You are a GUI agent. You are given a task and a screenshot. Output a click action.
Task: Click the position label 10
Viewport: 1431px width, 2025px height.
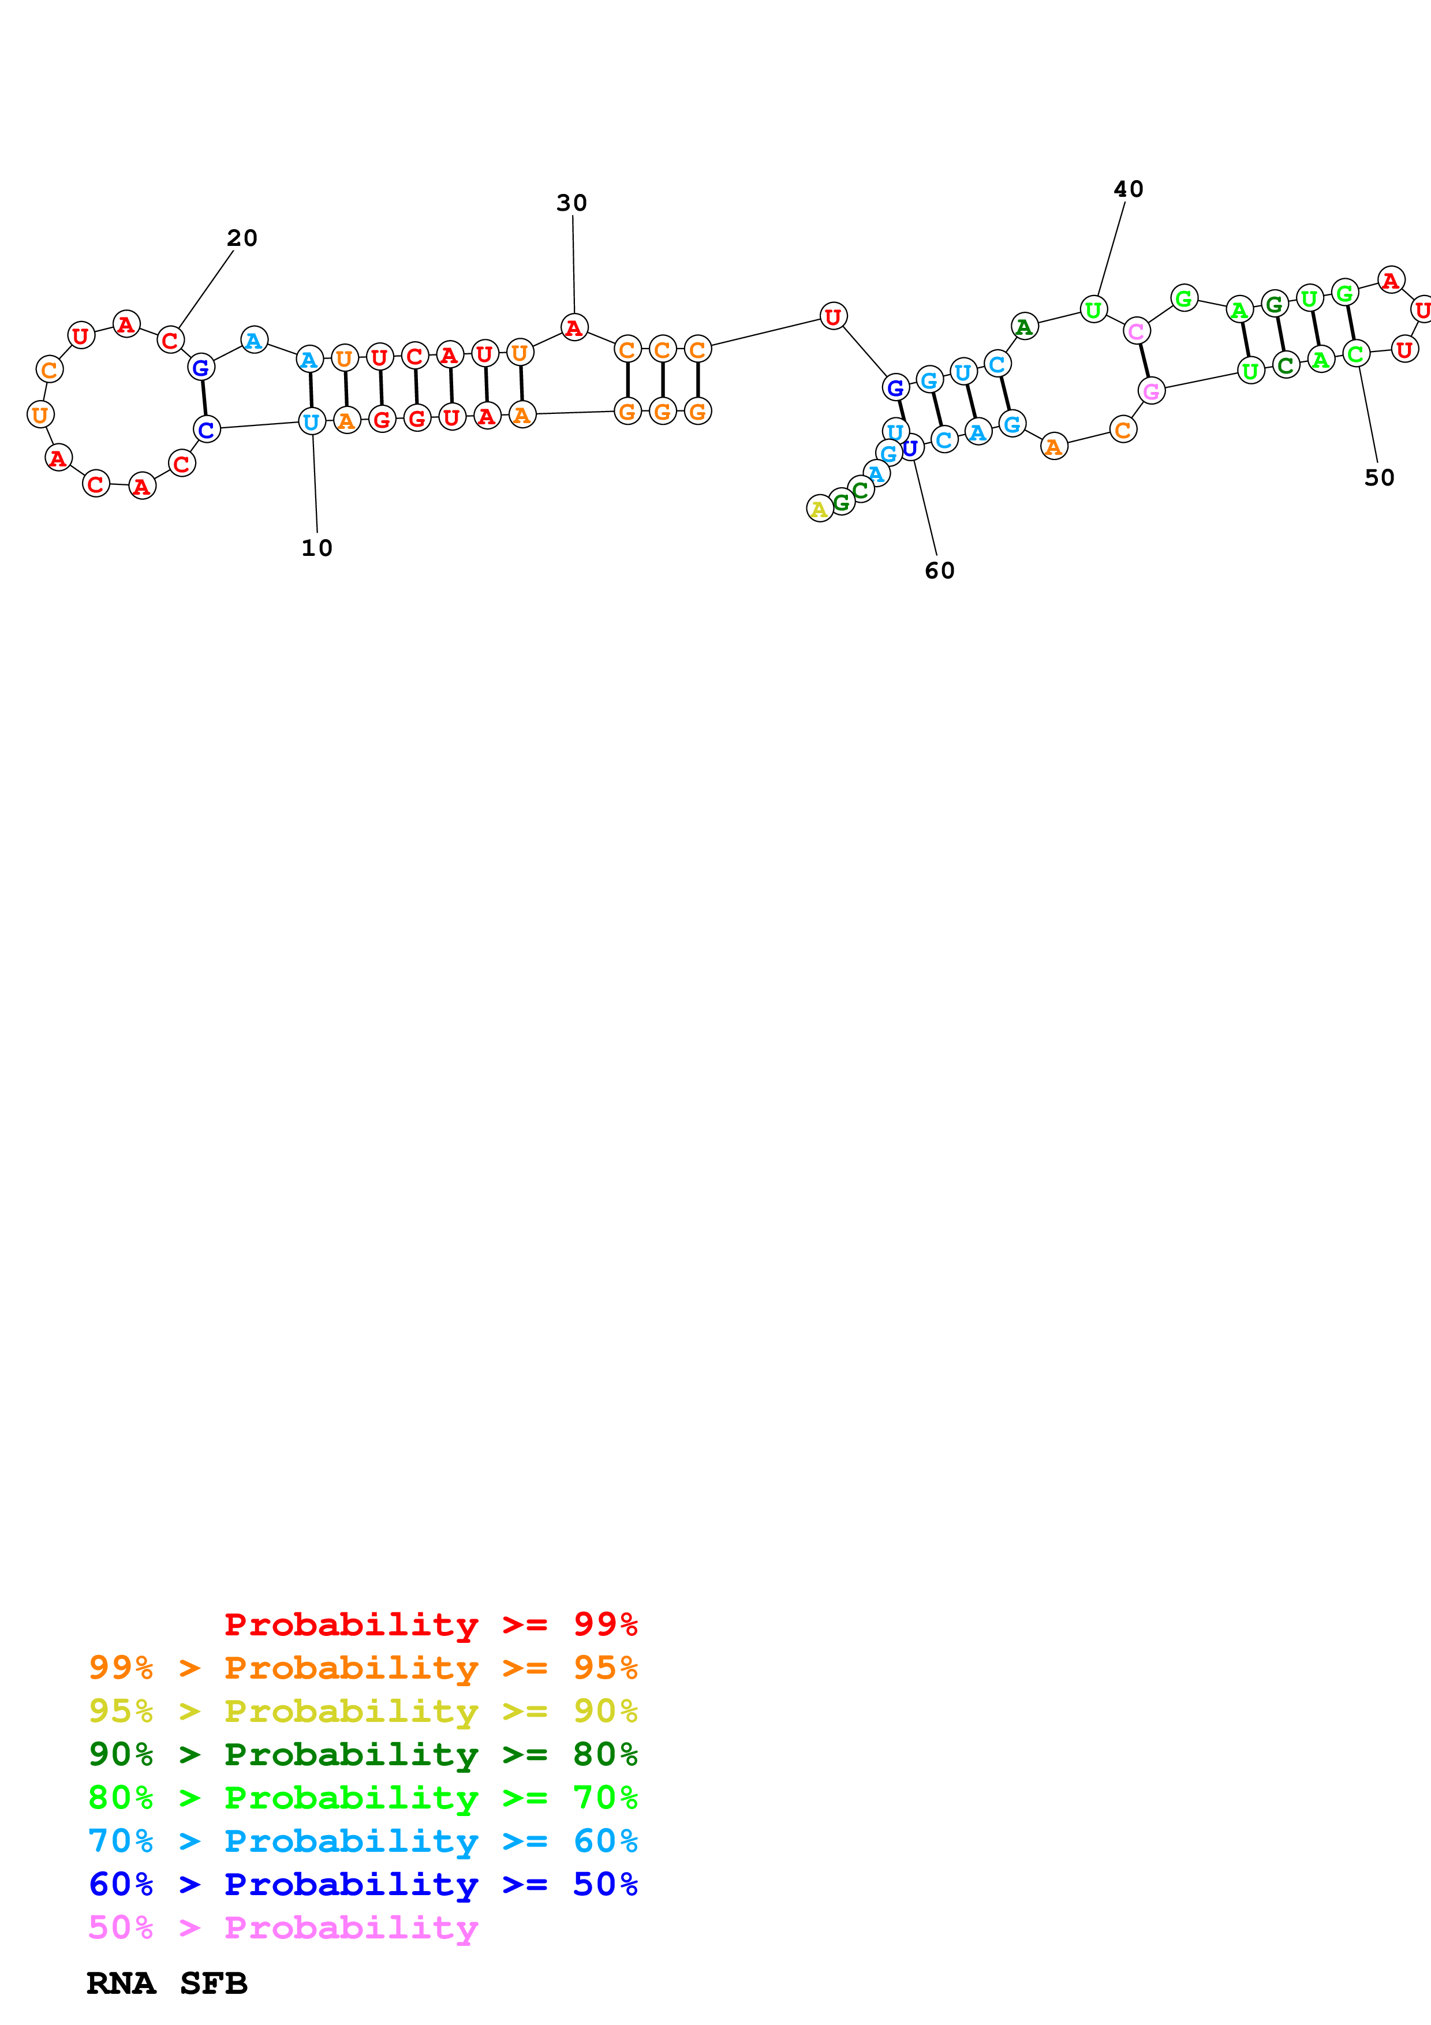[316, 548]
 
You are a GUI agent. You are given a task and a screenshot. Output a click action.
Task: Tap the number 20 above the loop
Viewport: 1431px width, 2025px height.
[242, 238]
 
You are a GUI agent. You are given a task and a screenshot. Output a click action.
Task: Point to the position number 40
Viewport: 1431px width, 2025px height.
[1128, 189]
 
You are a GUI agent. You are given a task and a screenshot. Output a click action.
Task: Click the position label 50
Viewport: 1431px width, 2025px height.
[1379, 477]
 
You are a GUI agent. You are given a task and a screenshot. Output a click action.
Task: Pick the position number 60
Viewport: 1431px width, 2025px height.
[939, 571]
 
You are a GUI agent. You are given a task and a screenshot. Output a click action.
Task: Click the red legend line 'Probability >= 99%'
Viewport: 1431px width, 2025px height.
[430, 1624]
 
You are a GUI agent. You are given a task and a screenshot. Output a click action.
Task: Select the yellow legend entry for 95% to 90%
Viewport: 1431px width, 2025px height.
[363, 1711]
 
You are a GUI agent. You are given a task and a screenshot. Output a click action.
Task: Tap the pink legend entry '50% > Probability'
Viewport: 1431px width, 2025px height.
[282, 1927]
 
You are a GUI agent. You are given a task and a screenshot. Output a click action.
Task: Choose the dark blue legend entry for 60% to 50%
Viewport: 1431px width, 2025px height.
[363, 1884]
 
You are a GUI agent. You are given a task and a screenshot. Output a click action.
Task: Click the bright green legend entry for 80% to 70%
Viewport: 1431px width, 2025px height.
[363, 1798]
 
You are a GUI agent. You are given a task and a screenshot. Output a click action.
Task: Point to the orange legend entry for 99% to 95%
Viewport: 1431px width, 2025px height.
[363, 1668]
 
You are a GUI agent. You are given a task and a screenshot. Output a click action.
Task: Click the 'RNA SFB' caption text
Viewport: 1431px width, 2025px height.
[167, 1983]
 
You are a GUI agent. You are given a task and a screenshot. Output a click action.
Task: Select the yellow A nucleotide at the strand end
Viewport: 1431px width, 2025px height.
[819, 509]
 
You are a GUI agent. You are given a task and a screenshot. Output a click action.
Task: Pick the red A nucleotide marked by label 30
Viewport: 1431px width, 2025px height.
[574, 328]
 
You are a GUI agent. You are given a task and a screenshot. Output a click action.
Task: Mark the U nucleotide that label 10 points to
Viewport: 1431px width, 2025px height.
[311, 423]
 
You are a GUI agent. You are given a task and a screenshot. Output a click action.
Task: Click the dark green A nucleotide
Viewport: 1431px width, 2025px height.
[1023, 326]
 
